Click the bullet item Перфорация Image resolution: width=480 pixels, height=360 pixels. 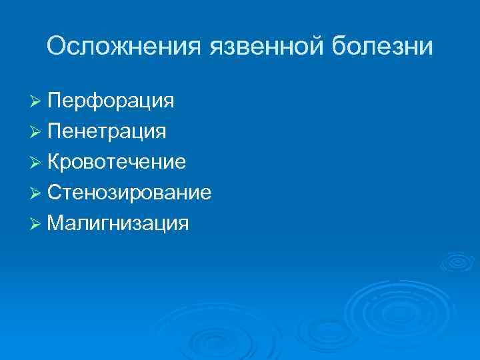click(x=111, y=101)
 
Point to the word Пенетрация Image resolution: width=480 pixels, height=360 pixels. click(x=107, y=131)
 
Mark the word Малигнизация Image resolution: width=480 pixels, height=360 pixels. click(x=118, y=223)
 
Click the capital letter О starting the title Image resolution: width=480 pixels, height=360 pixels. click(x=57, y=47)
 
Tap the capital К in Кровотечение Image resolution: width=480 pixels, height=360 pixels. click(x=54, y=162)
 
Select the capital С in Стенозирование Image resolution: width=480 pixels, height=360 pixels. click(x=55, y=193)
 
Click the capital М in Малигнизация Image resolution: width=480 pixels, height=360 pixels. click(x=56, y=223)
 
